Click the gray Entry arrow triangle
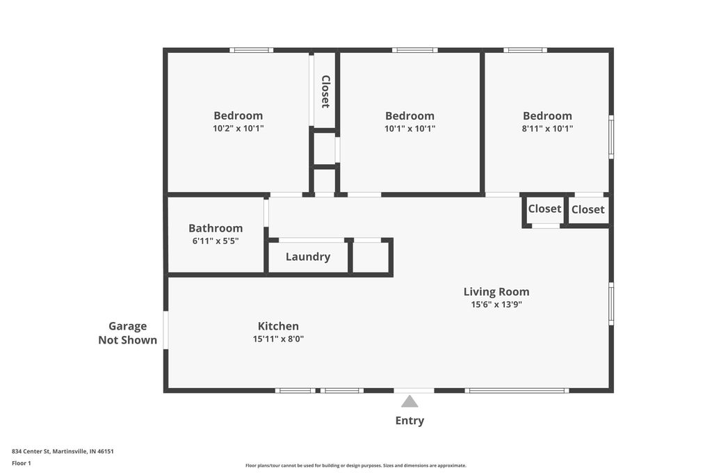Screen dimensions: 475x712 coord(410,401)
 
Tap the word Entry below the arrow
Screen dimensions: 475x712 coord(410,421)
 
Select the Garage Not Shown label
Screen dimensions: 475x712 coord(127,333)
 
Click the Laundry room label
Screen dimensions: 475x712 coord(308,257)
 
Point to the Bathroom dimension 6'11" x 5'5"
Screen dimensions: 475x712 coord(216,241)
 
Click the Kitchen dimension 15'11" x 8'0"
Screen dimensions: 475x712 coord(278,339)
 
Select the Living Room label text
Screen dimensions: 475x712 coord(496,292)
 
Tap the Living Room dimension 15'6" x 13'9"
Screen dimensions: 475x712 coord(496,305)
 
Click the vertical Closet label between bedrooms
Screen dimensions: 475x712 coord(325,91)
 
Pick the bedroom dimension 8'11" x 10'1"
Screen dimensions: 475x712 coord(548,129)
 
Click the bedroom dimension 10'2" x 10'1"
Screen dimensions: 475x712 coord(238,129)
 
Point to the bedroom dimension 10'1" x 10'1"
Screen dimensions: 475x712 coord(410,129)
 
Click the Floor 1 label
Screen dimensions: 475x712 coord(22,463)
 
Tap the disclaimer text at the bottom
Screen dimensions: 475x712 coord(355,465)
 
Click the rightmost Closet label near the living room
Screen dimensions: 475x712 coord(588,209)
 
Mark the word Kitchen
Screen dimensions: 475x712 coord(278,326)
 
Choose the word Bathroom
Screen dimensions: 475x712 coord(216,228)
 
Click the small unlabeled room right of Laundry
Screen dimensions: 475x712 coord(371,257)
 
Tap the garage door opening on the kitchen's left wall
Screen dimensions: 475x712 coord(165,330)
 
